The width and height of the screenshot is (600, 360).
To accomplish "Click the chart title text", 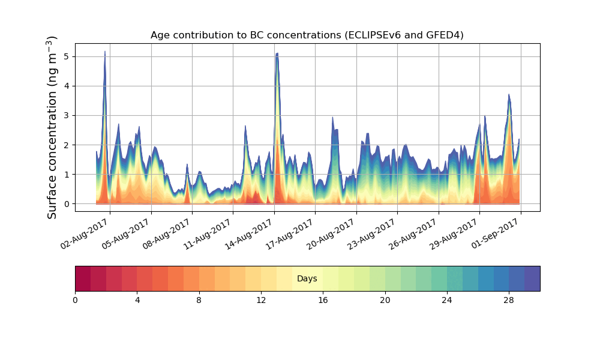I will click(307, 35).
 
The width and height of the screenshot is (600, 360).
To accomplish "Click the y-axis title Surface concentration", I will click(52, 127).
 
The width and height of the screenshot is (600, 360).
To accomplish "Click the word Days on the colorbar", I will click(307, 279).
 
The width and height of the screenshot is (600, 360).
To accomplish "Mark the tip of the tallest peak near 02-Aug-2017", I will click(105, 52).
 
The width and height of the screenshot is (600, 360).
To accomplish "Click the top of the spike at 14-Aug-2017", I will click(277, 53).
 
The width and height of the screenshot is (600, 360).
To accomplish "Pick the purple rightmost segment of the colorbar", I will click(532, 278).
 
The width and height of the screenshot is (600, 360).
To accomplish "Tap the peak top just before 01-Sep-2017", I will click(509, 94).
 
